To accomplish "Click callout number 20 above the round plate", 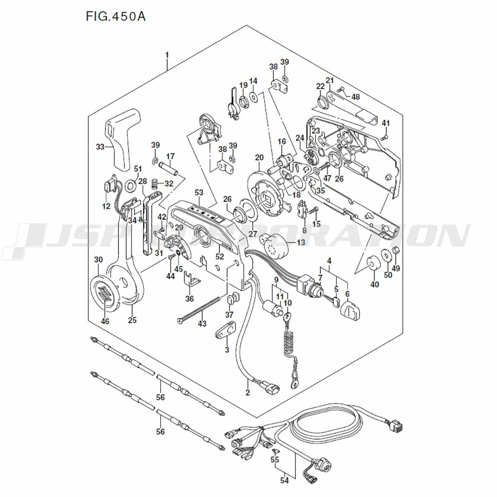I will tap(258, 158).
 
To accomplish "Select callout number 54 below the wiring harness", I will tap(284, 480).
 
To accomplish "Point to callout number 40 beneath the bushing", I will tap(374, 285).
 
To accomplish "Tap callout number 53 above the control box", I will tap(199, 192).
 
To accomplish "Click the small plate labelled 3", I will tap(224, 330).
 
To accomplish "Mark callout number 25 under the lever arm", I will tap(132, 320).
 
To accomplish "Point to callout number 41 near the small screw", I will tap(386, 123).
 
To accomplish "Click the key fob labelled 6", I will tap(348, 311).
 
